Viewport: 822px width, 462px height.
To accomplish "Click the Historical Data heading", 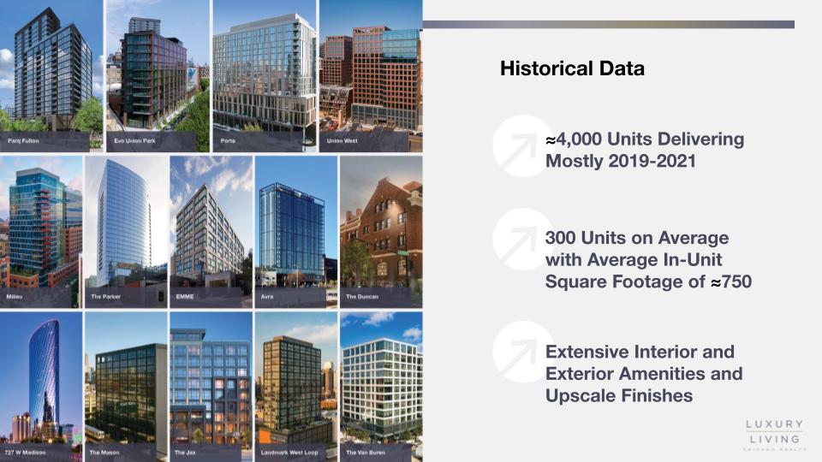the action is click(572, 68).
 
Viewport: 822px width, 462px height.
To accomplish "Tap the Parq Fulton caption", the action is click(23, 141).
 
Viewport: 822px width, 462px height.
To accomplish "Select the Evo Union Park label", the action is click(134, 141).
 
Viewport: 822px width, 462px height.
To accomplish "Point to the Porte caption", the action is click(228, 141).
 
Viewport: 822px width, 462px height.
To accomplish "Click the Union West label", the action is click(342, 141).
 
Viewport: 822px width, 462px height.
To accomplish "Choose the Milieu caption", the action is click(15, 297).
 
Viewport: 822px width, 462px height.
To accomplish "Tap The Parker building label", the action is click(106, 297).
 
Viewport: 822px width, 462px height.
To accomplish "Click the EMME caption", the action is click(185, 297).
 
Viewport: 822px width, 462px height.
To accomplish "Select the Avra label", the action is click(267, 297).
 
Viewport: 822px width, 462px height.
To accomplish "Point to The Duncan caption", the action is click(362, 297).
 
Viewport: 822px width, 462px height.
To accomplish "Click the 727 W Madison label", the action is click(25, 452).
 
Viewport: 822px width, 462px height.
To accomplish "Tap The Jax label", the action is click(185, 452).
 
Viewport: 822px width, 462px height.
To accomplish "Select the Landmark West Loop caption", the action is click(289, 452).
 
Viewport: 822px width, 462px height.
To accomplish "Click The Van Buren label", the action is click(366, 452).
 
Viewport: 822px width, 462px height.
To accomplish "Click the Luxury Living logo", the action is click(775, 435).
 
